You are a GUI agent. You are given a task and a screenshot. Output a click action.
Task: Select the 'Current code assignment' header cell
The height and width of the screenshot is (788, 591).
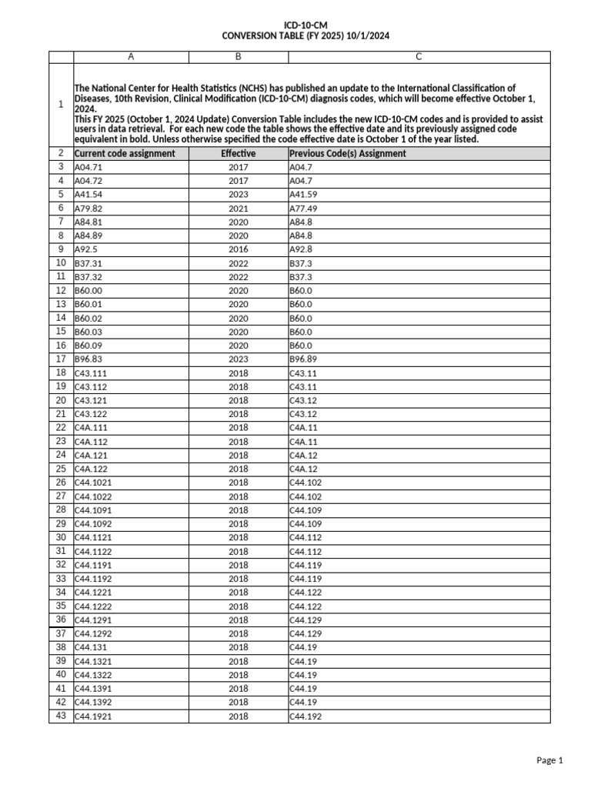[125, 153]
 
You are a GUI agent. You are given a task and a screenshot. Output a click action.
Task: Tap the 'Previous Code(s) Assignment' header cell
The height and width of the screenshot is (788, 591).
[348, 153]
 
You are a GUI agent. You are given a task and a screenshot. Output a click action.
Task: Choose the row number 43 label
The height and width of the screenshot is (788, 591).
[61, 716]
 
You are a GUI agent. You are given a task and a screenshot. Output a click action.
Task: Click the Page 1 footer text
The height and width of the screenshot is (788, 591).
[549, 760]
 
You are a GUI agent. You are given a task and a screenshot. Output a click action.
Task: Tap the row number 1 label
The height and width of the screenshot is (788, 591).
[61, 105]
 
